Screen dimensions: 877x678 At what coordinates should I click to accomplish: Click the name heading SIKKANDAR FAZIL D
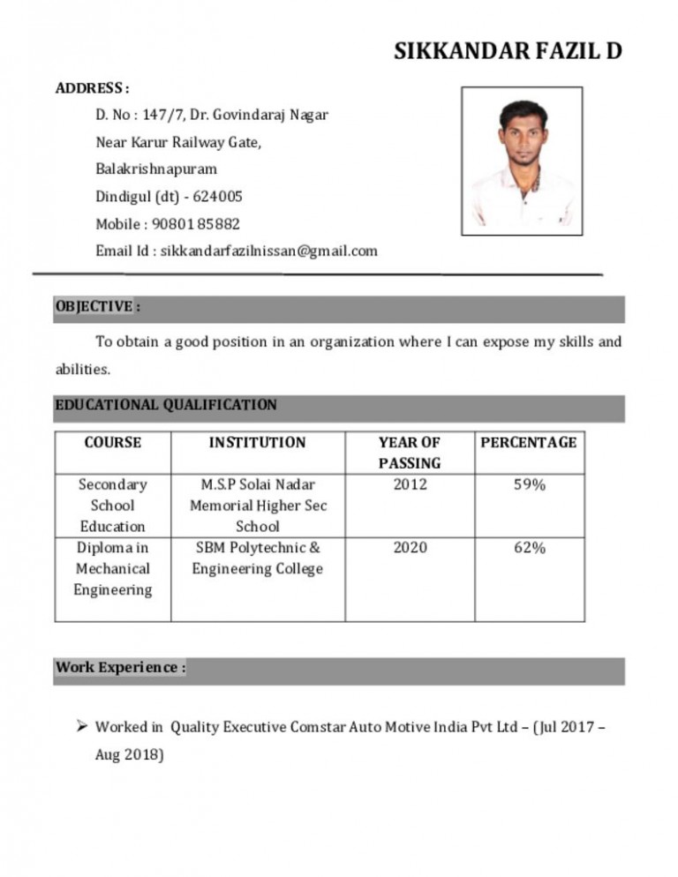[x=508, y=52]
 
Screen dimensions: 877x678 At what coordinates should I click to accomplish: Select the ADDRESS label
[x=92, y=88]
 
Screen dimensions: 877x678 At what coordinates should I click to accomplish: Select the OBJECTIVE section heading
[x=97, y=306]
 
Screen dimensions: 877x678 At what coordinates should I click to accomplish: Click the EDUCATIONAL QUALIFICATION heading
[x=166, y=405]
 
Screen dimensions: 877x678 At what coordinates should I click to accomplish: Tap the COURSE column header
[x=112, y=442]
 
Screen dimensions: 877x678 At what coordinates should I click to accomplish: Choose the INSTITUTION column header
[x=257, y=442]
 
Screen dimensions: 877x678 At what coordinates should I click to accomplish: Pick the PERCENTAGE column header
[x=529, y=442]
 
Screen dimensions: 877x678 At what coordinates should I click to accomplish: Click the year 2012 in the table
[x=410, y=484]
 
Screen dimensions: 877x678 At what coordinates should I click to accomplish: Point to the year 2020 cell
[x=410, y=548]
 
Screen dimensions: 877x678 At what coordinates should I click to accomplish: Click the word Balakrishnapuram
[x=156, y=169]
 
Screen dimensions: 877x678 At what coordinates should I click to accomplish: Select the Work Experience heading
[x=120, y=667]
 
